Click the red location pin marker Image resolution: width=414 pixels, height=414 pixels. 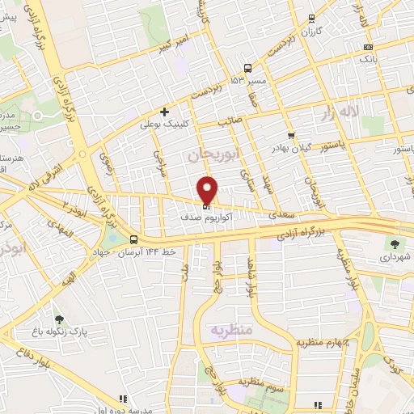(207, 190)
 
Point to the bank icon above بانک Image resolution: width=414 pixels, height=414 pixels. (368, 47)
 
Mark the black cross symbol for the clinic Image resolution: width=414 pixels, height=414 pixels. (165, 112)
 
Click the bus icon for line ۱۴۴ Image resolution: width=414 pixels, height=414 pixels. (134, 239)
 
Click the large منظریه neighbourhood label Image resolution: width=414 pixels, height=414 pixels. (232, 330)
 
